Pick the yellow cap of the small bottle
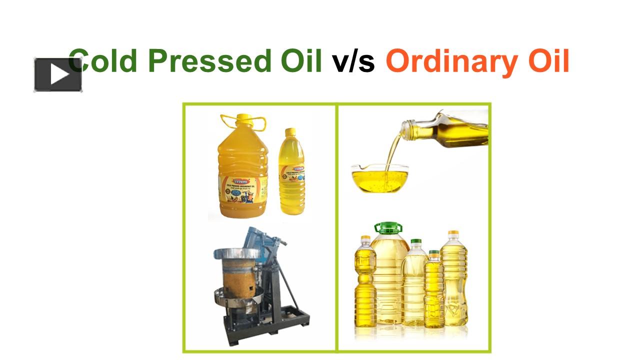pos(291,132)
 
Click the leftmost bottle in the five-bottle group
pos(364,285)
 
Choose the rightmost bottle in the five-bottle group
pos(454,280)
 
